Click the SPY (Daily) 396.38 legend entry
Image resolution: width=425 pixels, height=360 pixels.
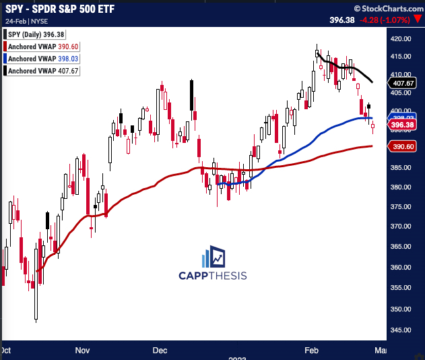click(38, 34)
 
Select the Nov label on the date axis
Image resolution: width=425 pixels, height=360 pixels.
click(82, 351)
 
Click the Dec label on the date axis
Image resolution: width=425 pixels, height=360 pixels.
click(160, 351)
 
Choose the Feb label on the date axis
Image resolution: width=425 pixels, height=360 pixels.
click(311, 351)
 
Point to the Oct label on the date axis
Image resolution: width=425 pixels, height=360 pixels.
click(5, 351)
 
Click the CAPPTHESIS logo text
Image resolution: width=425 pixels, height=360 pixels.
click(212, 275)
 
